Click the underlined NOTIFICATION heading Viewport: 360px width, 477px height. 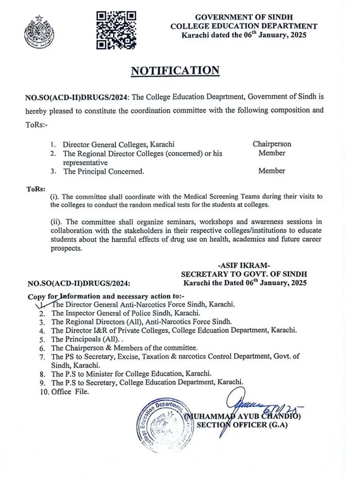(x=175, y=70)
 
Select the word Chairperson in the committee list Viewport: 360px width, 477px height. (x=272, y=144)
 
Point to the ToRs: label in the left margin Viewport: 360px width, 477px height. (x=35, y=188)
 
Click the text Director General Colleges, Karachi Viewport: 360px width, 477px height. (x=118, y=145)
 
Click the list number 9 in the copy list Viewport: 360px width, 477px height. (x=44, y=383)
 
